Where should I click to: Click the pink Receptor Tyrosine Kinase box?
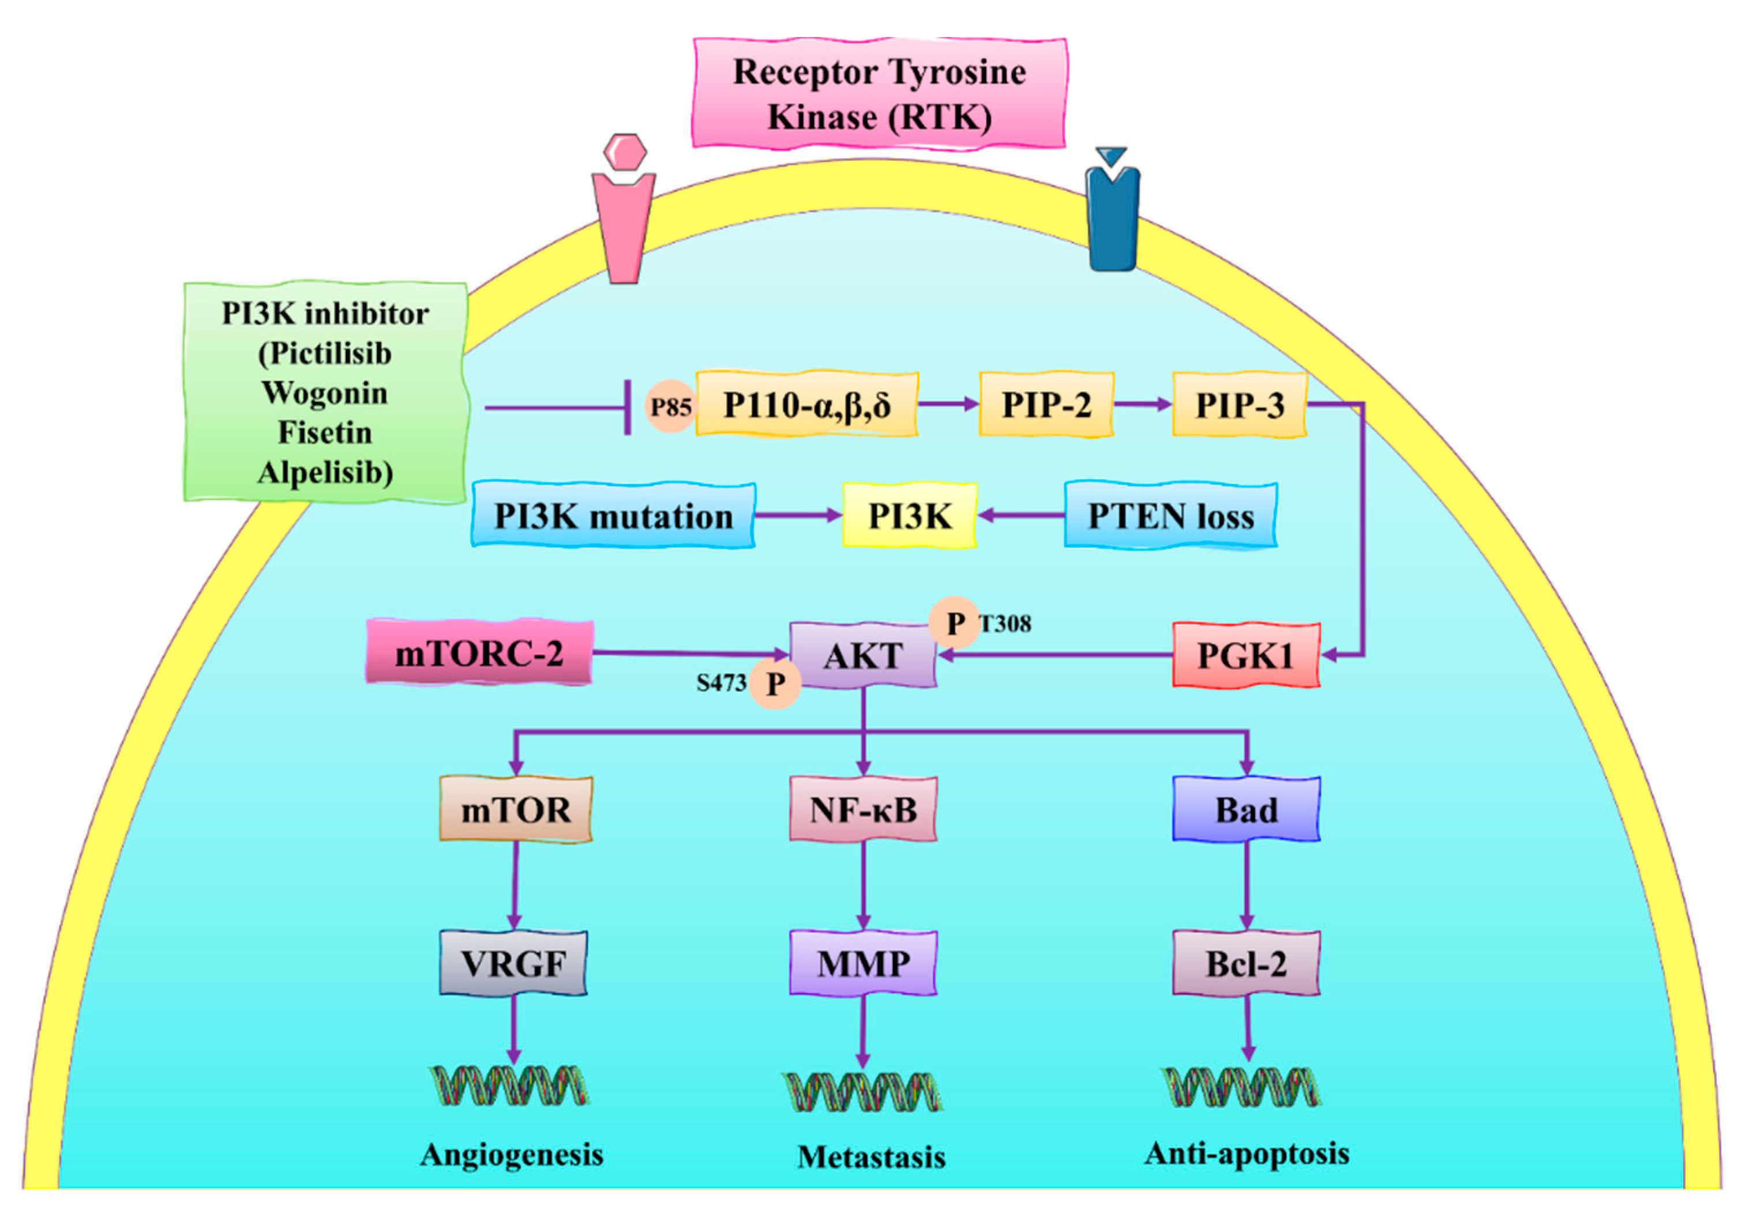click(x=879, y=93)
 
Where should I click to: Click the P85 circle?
click(x=670, y=407)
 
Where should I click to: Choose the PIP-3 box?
click(x=1239, y=405)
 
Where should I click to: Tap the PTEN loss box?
click(x=1170, y=516)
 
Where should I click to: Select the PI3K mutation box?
click(x=613, y=516)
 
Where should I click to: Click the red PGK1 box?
click(x=1246, y=655)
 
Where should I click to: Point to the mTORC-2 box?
click(x=479, y=653)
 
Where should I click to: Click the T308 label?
click(x=1005, y=624)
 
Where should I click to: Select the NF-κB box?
click(x=863, y=810)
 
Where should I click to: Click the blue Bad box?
click(x=1246, y=810)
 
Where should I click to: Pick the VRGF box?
click(x=513, y=964)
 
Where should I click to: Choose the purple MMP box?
click(x=863, y=964)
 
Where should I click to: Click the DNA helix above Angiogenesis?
click(x=509, y=1086)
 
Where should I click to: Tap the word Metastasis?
click(x=872, y=1156)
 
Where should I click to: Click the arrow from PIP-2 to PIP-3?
click(x=1143, y=405)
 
